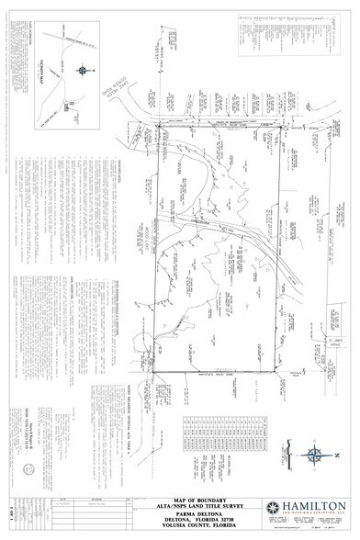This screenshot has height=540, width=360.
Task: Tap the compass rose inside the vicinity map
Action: [x=82, y=69]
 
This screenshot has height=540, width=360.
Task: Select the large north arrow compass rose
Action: [x=315, y=454]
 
